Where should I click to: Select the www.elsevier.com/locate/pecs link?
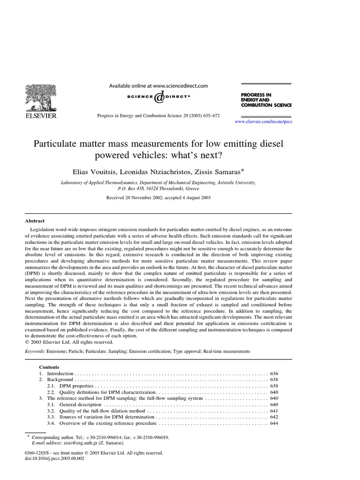tap(264, 121)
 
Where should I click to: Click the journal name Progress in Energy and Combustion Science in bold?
tap(262, 100)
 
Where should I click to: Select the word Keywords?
tap(35, 351)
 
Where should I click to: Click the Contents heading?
tap(49, 367)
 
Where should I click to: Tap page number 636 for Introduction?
tap(274, 374)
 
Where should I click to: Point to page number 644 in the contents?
tap(274, 423)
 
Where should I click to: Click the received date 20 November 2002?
tap(131, 198)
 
